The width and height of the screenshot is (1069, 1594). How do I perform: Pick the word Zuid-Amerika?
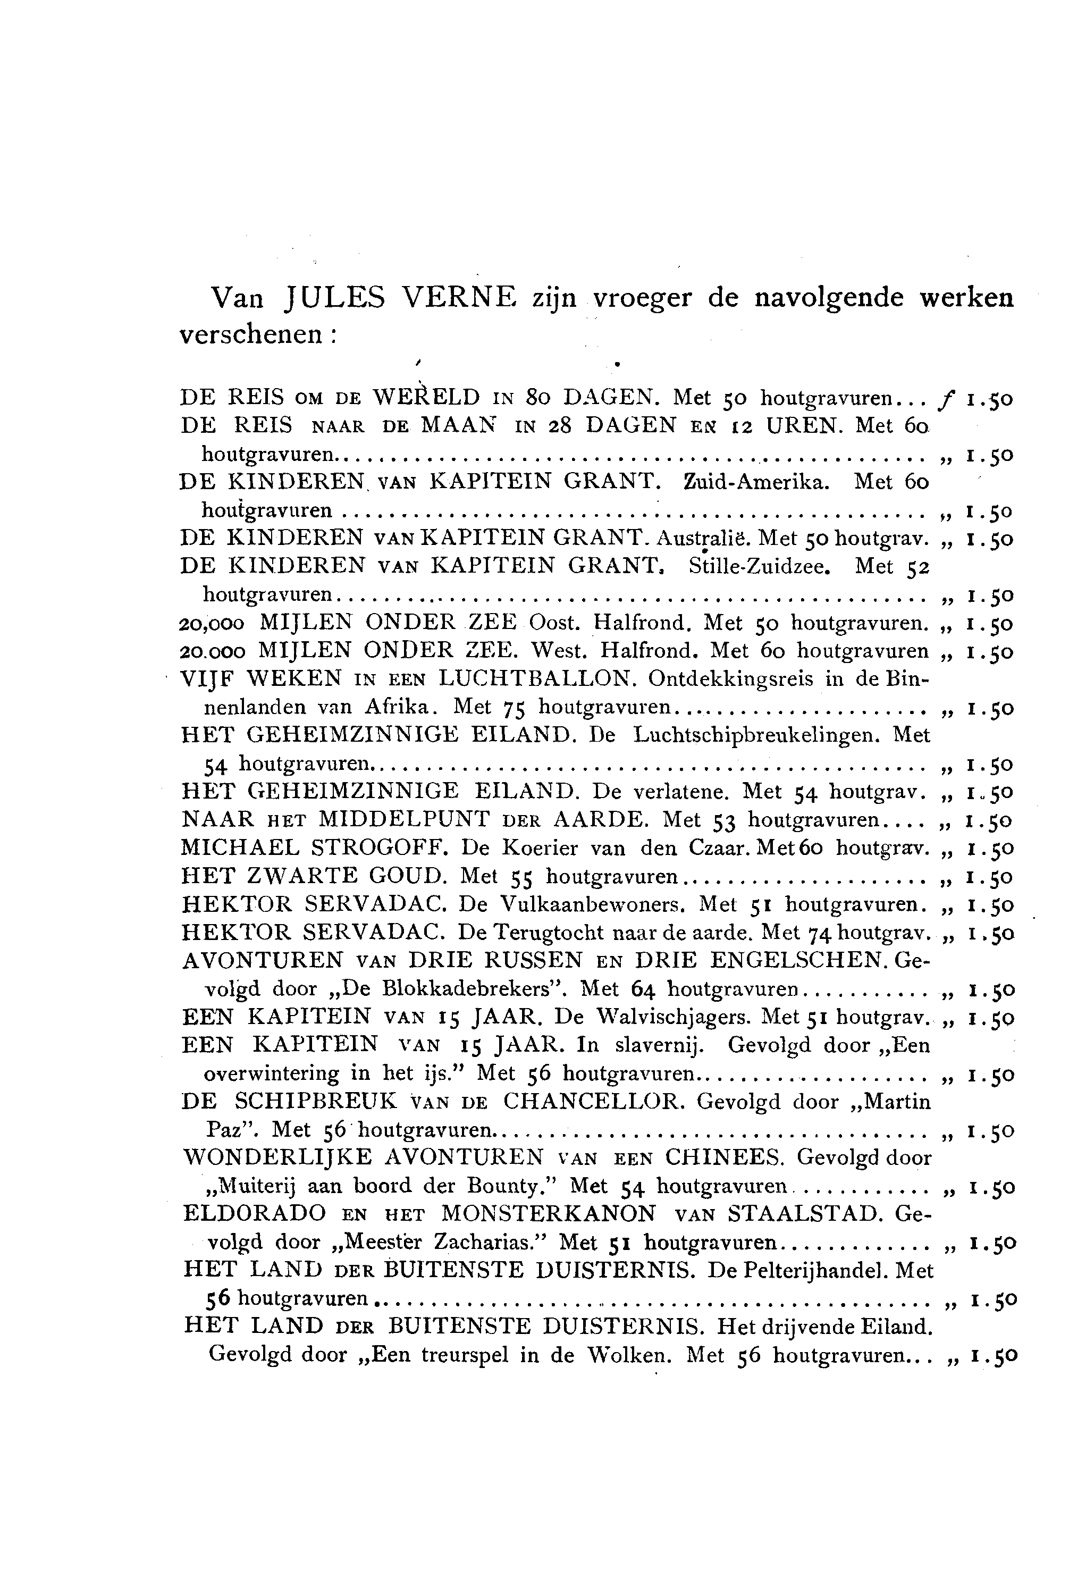coord(755,482)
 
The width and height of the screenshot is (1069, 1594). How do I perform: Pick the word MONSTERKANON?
coord(549,1214)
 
